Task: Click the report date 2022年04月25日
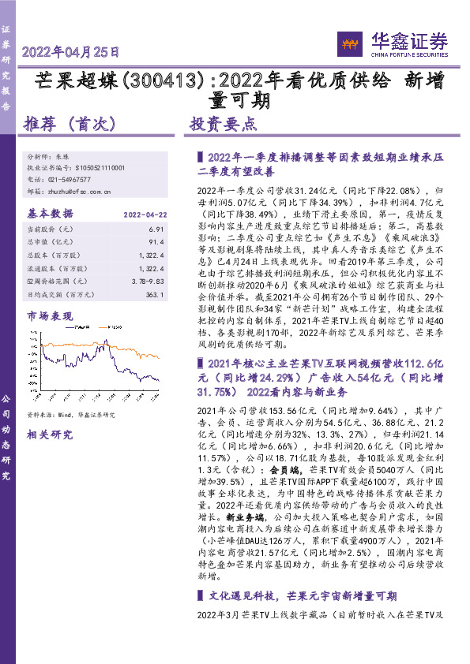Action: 72,54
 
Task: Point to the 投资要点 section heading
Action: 224,125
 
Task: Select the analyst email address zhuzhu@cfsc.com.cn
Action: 80,191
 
